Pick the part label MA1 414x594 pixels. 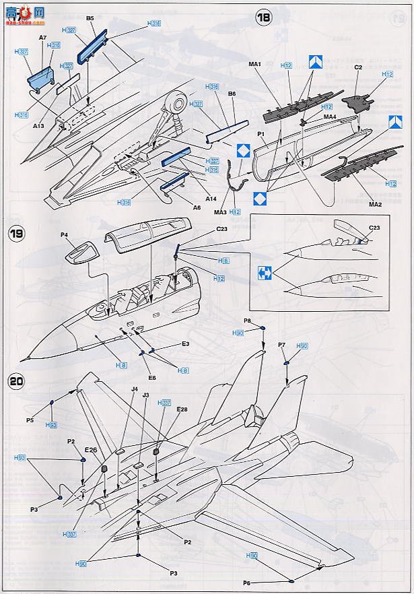tap(254, 65)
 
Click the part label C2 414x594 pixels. tap(358, 67)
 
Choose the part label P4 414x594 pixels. tap(65, 235)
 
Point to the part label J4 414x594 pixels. tap(135, 389)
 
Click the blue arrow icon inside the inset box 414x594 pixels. tap(264, 273)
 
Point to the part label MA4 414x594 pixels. tap(330, 117)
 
